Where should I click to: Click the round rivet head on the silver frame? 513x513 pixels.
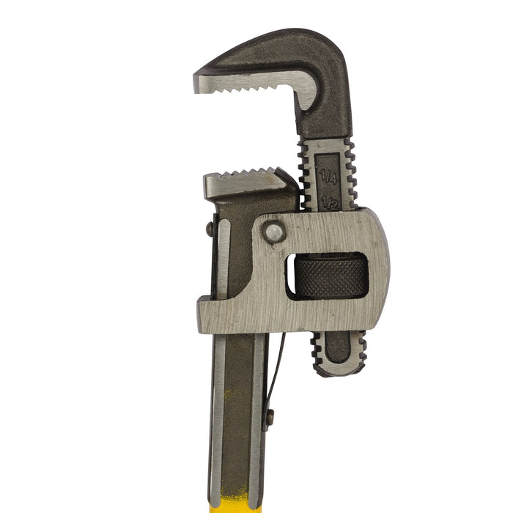(x=274, y=232)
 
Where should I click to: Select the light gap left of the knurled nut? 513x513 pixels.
(x=289, y=277)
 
